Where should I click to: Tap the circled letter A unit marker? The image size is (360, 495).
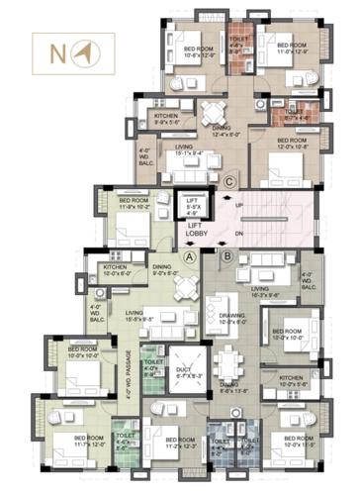tap(188, 255)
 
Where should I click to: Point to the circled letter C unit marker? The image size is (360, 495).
tap(229, 180)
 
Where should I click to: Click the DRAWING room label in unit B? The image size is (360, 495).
tap(231, 319)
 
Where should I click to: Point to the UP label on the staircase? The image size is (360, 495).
tap(239, 206)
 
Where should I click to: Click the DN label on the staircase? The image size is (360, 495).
tap(239, 235)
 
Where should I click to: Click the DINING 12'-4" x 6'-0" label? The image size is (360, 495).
tap(221, 130)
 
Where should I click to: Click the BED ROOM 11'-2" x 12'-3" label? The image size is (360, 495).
tap(180, 443)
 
